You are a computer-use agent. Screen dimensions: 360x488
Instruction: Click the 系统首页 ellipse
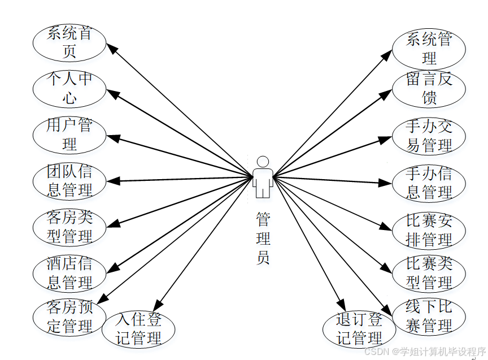tap(69, 42)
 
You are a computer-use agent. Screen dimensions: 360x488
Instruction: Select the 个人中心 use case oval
tap(69, 88)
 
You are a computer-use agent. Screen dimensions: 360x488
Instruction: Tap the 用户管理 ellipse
tap(69, 135)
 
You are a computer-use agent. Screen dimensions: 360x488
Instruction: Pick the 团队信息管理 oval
tap(69, 180)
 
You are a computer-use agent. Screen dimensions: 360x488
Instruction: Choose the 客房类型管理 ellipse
tap(69, 227)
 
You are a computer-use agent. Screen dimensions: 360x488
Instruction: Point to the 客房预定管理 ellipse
tap(69, 317)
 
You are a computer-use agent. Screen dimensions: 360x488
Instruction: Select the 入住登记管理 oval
tap(138, 329)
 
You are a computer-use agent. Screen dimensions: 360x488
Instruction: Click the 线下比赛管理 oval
tap(429, 316)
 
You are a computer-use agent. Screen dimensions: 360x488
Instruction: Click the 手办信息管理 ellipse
tap(429, 183)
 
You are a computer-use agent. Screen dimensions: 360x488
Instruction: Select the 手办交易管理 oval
tap(429, 136)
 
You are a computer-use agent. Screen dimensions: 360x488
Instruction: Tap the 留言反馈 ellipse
tap(429, 88)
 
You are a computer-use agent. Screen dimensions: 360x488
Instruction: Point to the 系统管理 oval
tap(429, 49)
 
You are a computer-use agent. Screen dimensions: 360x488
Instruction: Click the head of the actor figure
tap(263, 162)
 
